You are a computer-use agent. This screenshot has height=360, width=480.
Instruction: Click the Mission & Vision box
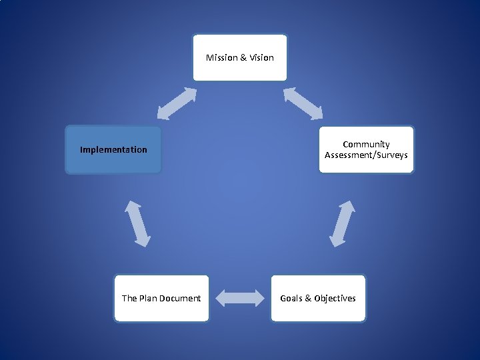(x=240, y=58)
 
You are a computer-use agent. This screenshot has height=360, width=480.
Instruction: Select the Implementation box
(x=113, y=150)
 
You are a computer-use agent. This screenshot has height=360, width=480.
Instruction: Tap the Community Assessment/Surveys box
(x=366, y=150)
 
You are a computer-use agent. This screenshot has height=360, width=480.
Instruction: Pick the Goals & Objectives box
(x=318, y=299)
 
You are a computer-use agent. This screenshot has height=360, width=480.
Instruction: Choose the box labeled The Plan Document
(x=161, y=299)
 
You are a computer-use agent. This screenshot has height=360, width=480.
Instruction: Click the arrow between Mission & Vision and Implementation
(x=177, y=104)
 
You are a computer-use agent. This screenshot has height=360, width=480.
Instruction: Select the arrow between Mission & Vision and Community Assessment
(x=303, y=104)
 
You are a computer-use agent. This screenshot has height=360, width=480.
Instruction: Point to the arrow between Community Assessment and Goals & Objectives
(x=343, y=223)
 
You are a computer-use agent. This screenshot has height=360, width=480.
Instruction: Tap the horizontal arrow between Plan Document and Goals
(x=240, y=298)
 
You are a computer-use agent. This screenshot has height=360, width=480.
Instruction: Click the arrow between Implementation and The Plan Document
(x=138, y=223)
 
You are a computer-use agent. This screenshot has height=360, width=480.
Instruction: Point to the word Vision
(x=261, y=58)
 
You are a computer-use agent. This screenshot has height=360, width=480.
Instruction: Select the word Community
(x=366, y=145)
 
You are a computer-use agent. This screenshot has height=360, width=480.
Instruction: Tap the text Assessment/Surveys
(x=366, y=155)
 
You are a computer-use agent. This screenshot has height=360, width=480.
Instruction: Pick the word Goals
(x=291, y=299)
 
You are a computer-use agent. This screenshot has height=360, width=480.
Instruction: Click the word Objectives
(x=335, y=299)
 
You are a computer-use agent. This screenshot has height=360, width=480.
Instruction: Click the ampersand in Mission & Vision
(x=243, y=58)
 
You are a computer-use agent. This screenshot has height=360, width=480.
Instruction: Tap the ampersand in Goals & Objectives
(x=308, y=299)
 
